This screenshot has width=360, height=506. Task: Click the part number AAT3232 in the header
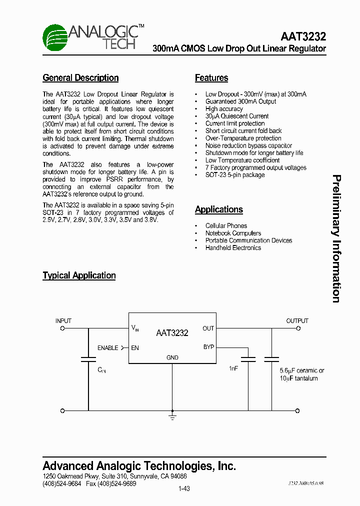pos(303,36)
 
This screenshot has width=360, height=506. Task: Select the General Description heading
pos(80,78)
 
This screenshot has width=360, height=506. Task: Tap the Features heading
pos(211,78)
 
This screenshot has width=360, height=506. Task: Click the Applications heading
pos(219,210)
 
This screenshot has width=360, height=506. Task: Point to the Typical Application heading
pos(79,275)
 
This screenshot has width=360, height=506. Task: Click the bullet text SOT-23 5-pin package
pos(235,175)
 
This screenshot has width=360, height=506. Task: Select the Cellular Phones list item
pos(226,226)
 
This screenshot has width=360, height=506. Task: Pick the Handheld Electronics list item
pos(233,248)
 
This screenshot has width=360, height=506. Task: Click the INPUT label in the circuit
pos(63,321)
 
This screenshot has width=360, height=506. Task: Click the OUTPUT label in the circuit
pos(297,321)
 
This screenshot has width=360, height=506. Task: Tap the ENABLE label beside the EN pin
pos(107,348)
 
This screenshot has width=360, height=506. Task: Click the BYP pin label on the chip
pos(208,347)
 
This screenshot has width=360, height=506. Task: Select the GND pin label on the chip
pos(172,358)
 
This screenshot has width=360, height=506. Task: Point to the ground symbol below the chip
pos(172,416)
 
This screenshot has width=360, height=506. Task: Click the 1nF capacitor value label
pos(233,368)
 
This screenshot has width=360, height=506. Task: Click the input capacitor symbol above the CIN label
pos(88,359)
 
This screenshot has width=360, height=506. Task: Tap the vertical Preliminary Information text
pos(336,238)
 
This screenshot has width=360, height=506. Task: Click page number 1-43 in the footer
pos(183,489)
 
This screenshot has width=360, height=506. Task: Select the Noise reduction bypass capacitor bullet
pos(248,145)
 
